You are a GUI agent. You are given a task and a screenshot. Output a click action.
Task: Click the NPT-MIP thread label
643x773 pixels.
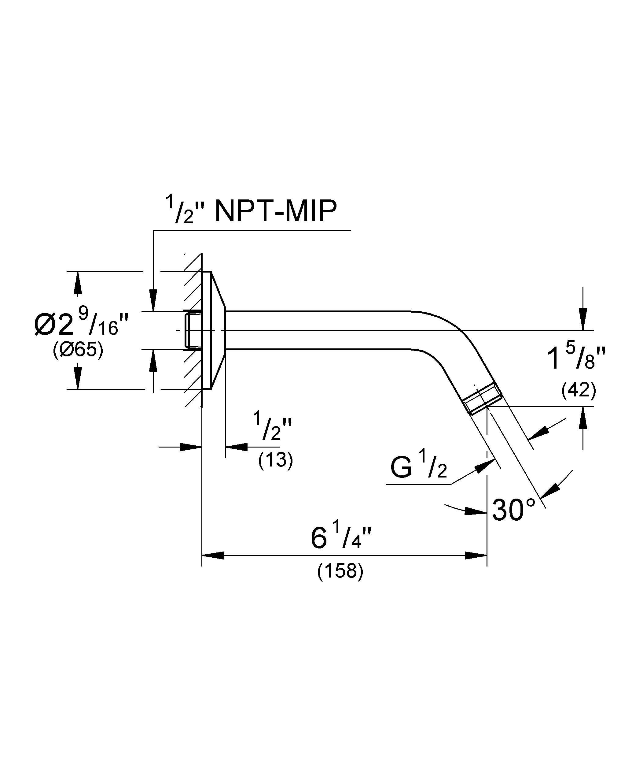click(x=275, y=212)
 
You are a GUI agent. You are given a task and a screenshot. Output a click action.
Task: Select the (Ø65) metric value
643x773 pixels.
click(x=78, y=350)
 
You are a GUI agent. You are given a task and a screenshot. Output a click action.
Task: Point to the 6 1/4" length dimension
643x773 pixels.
click(x=341, y=538)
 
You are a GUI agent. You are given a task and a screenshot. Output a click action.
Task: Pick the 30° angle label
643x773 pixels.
click(x=513, y=510)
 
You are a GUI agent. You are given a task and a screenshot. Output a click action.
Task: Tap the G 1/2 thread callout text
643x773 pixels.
click(x=419, y=468)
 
